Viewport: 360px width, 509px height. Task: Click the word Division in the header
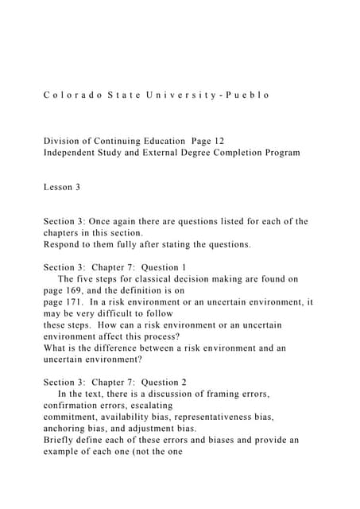[x=63, y=141]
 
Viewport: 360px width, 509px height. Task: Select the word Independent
[x=75, y=153]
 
